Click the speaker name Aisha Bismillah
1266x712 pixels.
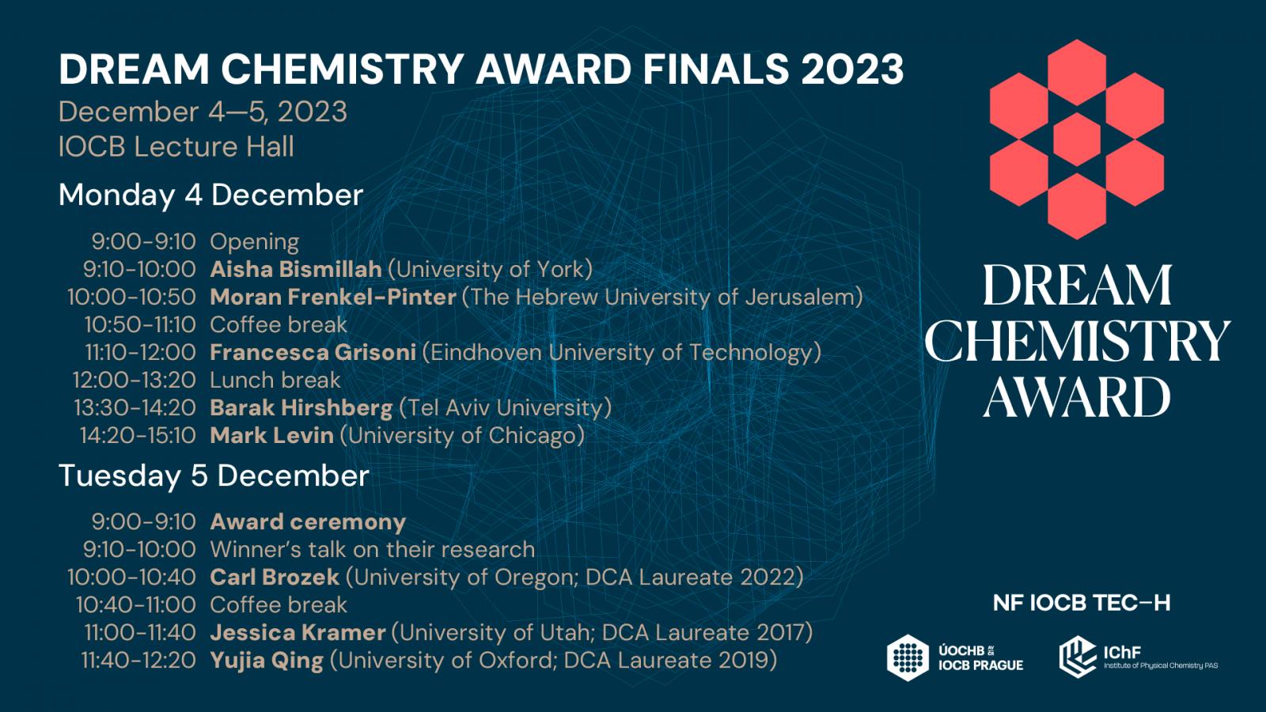pyautogui.click(x=296, y=270)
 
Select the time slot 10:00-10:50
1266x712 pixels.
pyautogui.click(x=131, y=297)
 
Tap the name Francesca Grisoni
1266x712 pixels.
pyautogui.click(x=313, y=353)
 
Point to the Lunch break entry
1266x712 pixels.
pyautogui.click(x=275, y=381)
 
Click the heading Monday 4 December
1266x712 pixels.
pyautogui.click(x=210, y=195)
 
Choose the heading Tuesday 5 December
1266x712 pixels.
pyautogui.click(x=214, y=475)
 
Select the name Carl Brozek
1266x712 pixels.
pyautogui.click(x=275, y=578)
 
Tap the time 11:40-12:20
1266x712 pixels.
pyautogui.click(x=139, y=661)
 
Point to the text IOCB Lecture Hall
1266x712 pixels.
pyautogui.click(x=176, y=147)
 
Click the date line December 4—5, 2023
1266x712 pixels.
pyautogui.click(x=203, y=112)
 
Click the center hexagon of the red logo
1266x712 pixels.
pyautogui.click(x=1077, y=139)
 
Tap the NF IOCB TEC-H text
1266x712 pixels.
pyautogui.click(x=1082, y=604)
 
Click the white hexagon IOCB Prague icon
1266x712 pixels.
pyautogui.click(x=908, y=657)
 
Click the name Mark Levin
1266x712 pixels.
pyautogui.click(x=272, y=436)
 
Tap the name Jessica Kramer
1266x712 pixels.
pyautogui.click(x=298, y=633)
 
